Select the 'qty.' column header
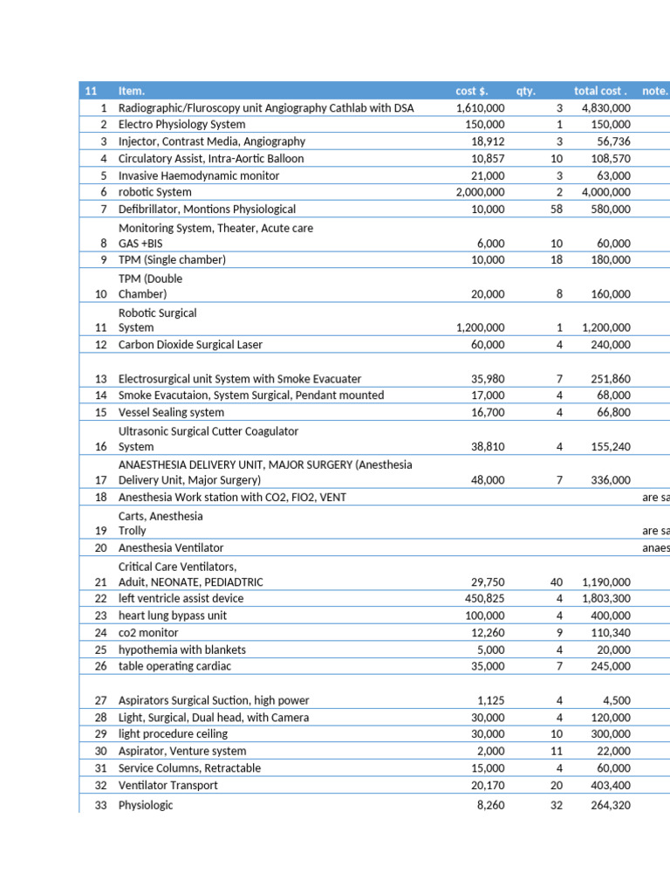click(525, 91)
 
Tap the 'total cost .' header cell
click(600, 91)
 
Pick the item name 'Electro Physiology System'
click(181, 125)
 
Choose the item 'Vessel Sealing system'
click(171, 412)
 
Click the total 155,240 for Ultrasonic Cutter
click(609, 446)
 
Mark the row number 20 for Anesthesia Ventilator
click(100, 547)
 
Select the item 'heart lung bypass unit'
click(173, 615)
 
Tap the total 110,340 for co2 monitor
click(609, 632)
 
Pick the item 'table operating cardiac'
click(174, 666)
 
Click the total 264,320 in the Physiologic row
click(609, 805)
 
